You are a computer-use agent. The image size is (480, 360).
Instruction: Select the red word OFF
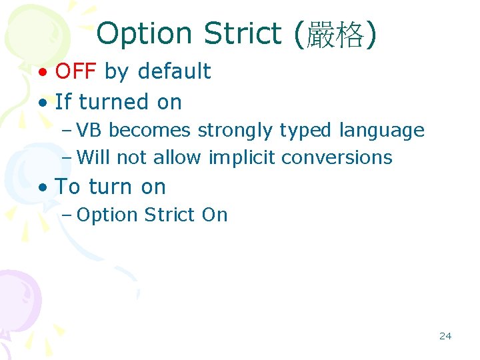tap(77, 71)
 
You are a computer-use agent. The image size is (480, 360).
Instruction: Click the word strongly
tap(235, 131)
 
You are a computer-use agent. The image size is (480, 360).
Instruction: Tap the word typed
tap(303, 131)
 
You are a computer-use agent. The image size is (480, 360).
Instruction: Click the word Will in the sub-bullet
tap(94, 157)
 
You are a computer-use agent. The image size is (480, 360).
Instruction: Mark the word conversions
tap(337, 157)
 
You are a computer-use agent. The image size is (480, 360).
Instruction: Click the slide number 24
tap(445, 336)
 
